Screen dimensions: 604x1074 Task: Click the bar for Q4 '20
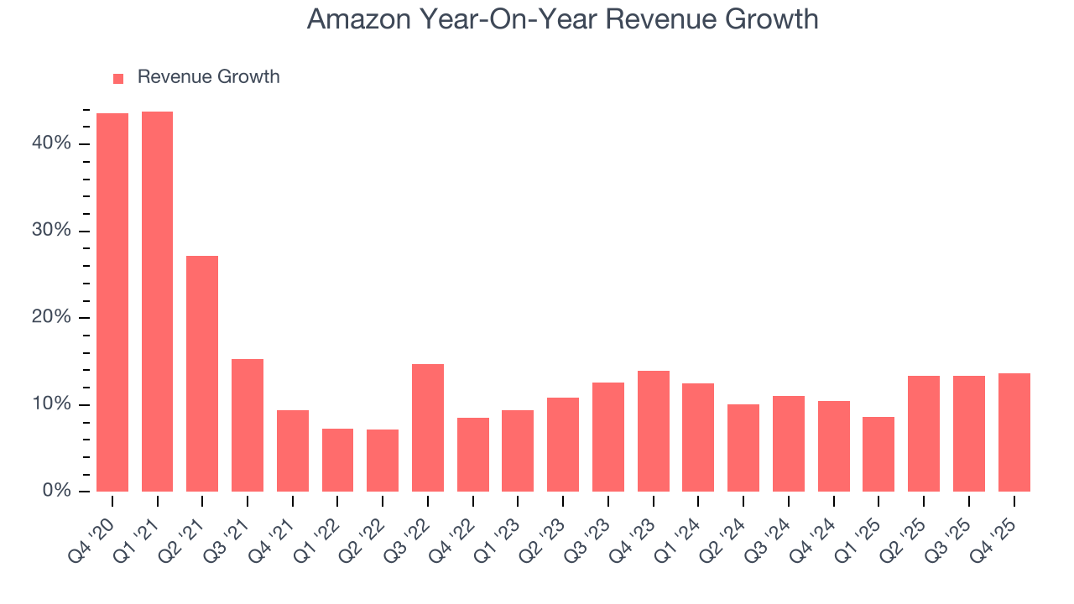[x=112, y=302]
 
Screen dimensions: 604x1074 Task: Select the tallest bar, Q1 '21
[x=157, y=301]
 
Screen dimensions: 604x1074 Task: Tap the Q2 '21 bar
[x=202, y=373]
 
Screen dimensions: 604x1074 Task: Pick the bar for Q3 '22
[x=428, y=428]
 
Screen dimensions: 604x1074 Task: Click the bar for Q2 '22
[x=383, y=461]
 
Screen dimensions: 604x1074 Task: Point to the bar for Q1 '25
[x=878, y=454]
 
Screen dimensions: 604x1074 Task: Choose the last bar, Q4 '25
[x=1014, y=432]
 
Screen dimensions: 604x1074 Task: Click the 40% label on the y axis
[x=51, y=143]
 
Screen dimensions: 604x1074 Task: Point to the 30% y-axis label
[x=51, y=231]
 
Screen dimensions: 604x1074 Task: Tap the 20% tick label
[x=51, y=317]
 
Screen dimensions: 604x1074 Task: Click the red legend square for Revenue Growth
[x=118, y=78]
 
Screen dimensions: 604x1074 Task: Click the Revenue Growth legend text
[x=208, y=77]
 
